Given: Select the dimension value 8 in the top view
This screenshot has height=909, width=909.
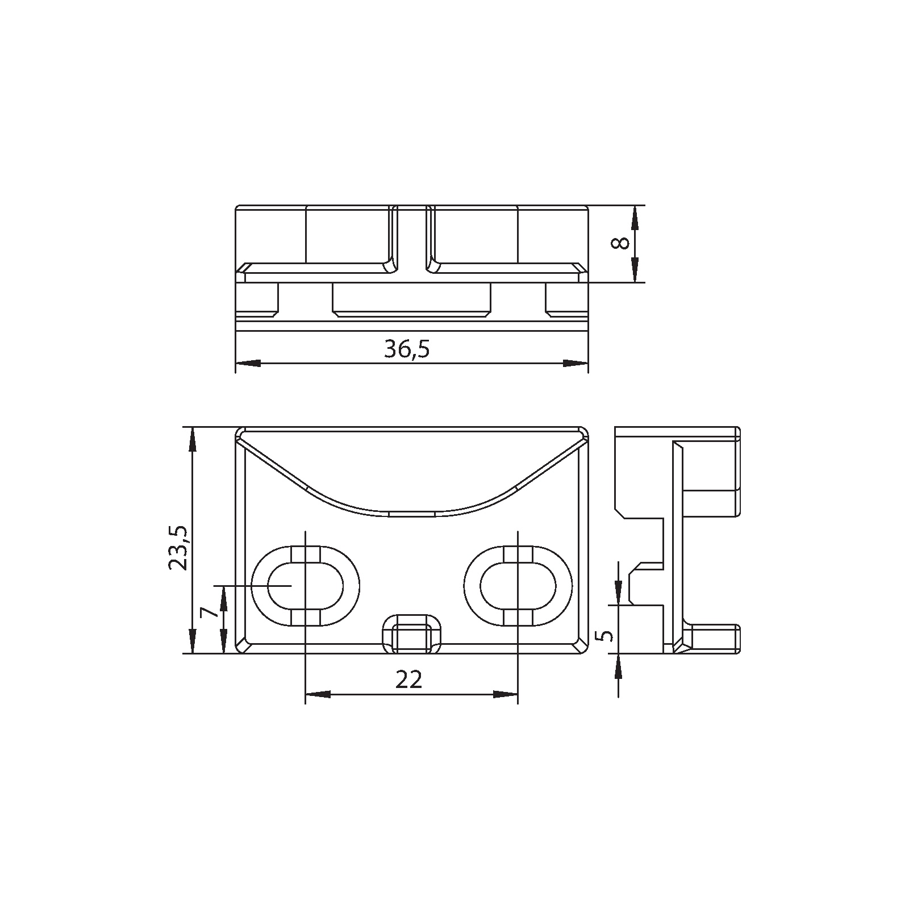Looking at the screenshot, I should (620, 243).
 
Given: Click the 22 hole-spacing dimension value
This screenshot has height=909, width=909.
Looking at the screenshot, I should (409, 679).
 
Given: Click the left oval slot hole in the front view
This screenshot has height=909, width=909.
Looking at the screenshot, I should (305, 587).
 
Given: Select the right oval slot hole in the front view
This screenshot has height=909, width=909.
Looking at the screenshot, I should (518, 587).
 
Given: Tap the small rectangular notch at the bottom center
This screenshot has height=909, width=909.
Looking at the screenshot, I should (412, 634).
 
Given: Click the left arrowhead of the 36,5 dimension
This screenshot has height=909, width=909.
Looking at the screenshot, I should (248, 363).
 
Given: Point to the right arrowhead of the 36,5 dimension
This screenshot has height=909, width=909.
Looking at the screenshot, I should (575, 363).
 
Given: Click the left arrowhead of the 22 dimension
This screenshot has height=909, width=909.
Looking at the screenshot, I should (318, 694).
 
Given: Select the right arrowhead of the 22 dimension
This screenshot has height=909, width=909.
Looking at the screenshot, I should (505, 694).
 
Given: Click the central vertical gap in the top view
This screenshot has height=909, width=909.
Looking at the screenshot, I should (411, 239).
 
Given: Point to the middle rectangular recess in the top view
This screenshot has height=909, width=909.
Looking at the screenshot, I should (411, 298).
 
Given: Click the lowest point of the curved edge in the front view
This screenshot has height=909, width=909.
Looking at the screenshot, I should (412, 514).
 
